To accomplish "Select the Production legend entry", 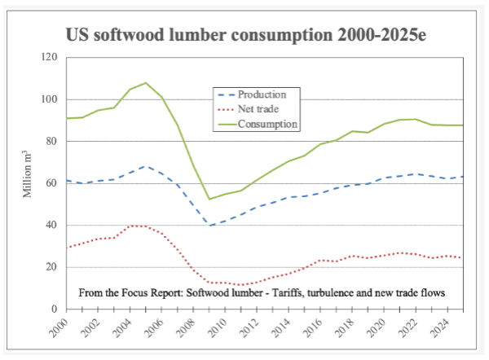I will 260,94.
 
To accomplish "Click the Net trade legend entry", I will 259,108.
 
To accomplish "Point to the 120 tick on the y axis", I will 51,58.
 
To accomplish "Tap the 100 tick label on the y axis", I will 51,99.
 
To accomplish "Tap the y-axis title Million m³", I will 28,174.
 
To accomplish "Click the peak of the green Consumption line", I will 146,83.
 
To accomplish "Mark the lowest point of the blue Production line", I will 209,226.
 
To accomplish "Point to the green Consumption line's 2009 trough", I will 209,200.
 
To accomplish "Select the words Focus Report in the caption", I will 165,291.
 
